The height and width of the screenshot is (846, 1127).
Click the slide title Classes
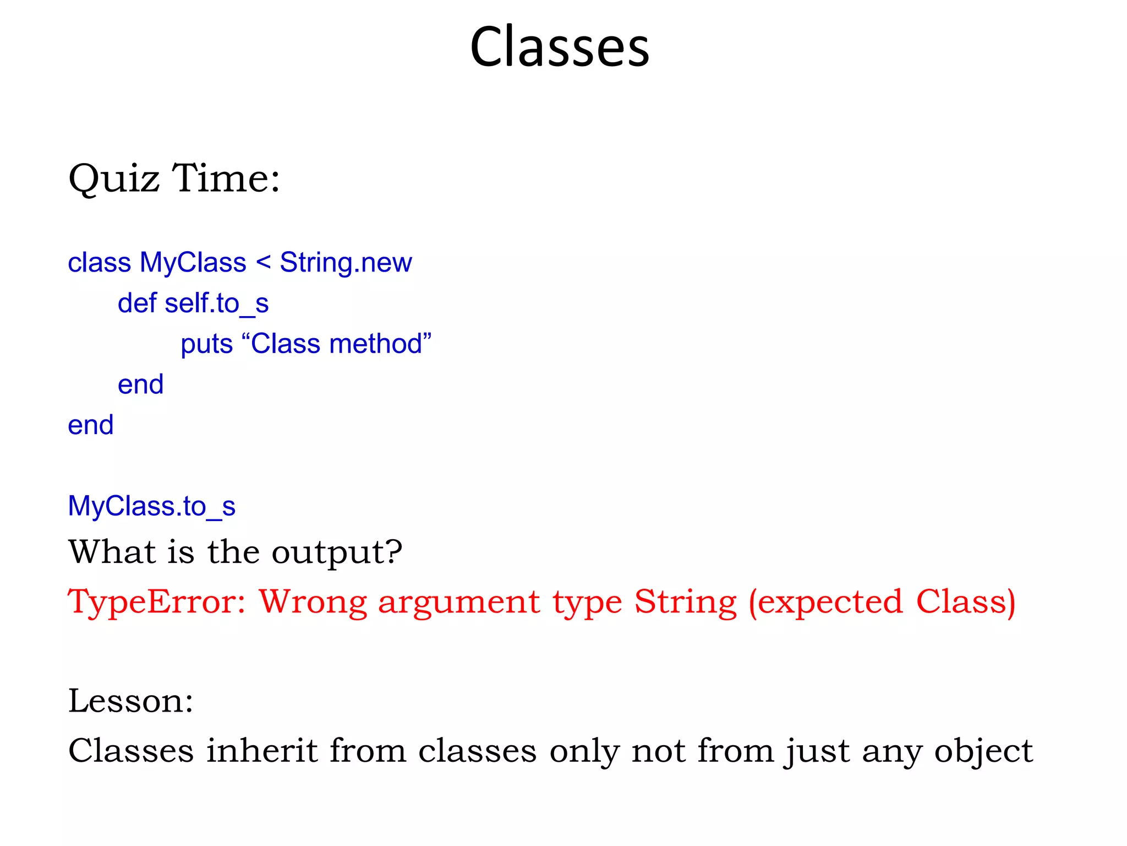click(560, 47)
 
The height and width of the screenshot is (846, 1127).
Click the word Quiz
click(114, 178)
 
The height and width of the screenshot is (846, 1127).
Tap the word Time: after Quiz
click(226, 178)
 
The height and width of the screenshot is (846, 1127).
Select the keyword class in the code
click(99, 262)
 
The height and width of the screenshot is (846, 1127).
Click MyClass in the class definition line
click(193, 262)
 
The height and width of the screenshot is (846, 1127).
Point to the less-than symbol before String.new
click(264, 262)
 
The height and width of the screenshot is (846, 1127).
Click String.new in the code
click(346, 262)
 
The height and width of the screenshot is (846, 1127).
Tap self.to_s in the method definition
click(216, 303)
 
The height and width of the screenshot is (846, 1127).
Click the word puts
click(206, 344)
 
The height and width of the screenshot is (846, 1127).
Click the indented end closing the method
click(140, 384)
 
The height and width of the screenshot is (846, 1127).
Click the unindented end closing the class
click(90, 425)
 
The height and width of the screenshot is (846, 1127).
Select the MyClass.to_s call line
click(151, 506)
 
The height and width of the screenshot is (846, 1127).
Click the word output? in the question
click(337, 552)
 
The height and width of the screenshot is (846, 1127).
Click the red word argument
click(459, 602)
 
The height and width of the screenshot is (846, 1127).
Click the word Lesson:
click(131, 701)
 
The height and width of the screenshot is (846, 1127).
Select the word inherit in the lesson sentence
click(262, 751)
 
